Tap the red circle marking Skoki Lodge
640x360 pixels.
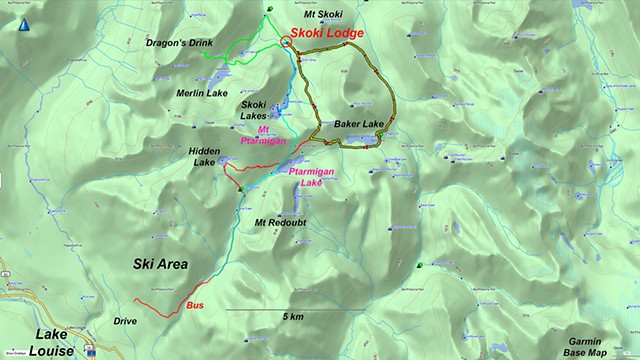(287, 43)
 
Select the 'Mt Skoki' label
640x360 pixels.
(307, 13)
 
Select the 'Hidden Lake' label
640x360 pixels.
(204, 156)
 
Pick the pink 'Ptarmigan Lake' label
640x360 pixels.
(304, 177)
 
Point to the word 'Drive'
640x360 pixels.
(125, 321)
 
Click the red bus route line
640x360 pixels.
(160, 308)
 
